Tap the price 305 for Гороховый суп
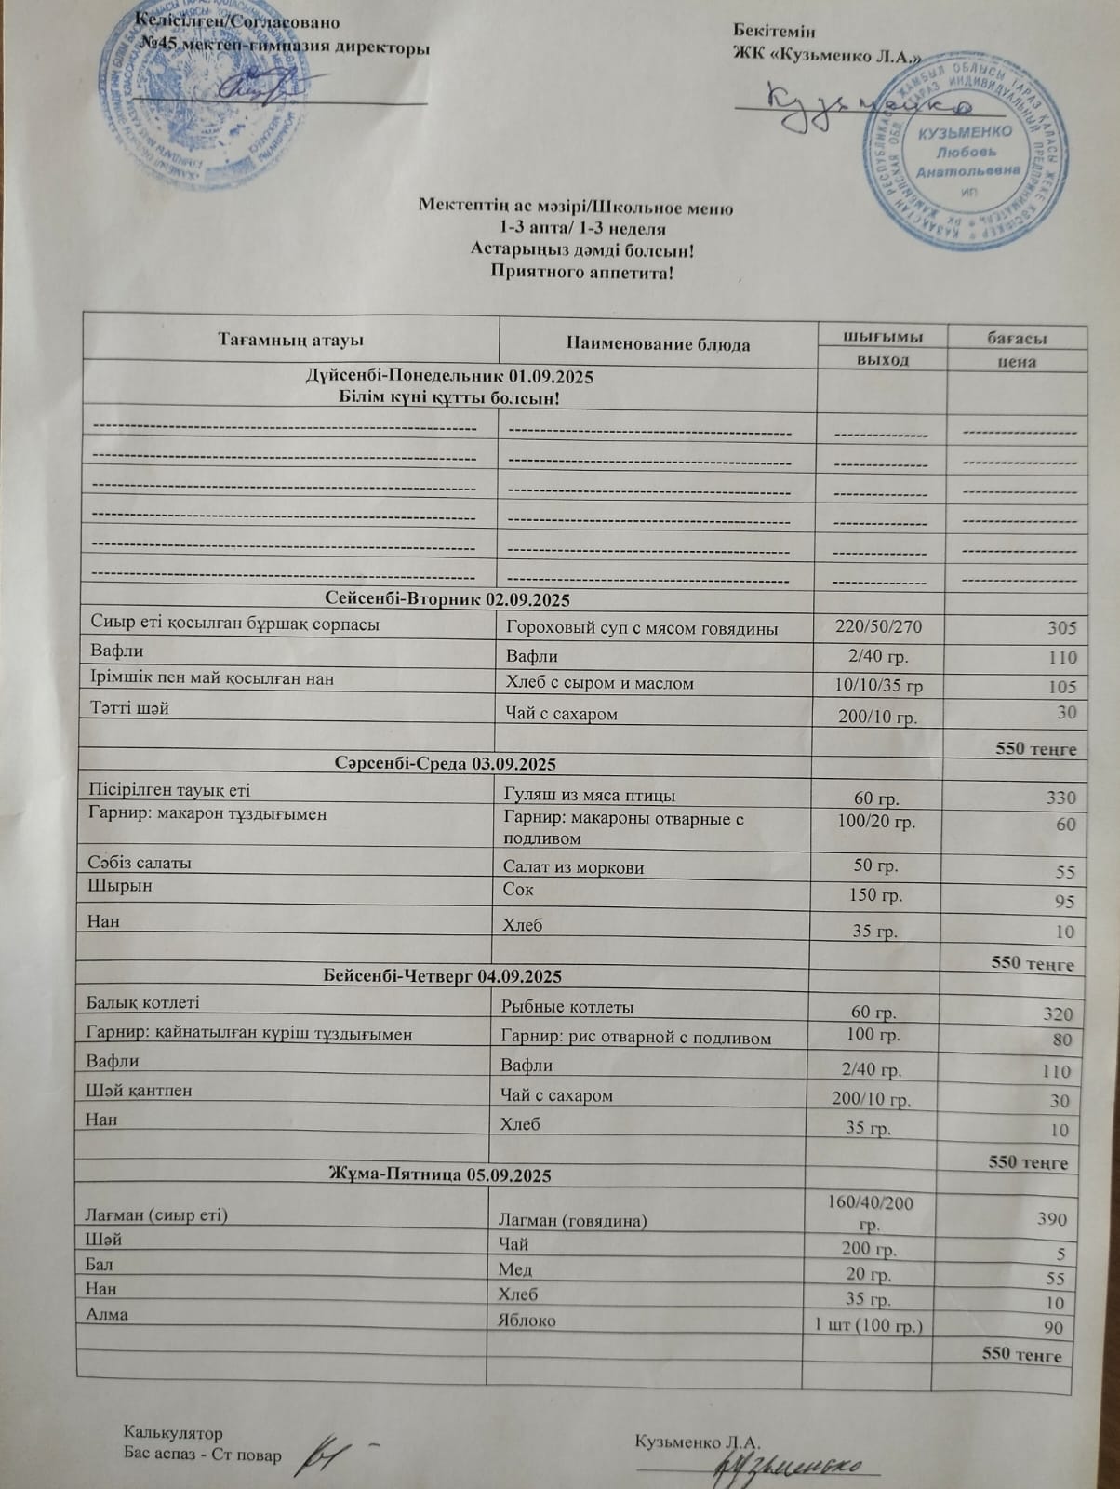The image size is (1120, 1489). pyautogui.click(x=1060, y=629)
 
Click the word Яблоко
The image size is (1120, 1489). pyautogui.click(x=527, y=1321)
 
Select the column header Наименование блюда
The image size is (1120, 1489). pyautogui.click(x=658, y=344)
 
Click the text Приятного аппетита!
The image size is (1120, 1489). pyautogui.click(x=580, y=273)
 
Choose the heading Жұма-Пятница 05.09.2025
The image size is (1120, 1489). pyautogui.click(x=440, y=1175)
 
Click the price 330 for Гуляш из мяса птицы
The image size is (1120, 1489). pyautogui.click(x=1060, y=798)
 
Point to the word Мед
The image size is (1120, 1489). pyautogui.click(x=515, y=1269)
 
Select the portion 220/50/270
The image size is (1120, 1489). pyautogui.click(x=879, y=627)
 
